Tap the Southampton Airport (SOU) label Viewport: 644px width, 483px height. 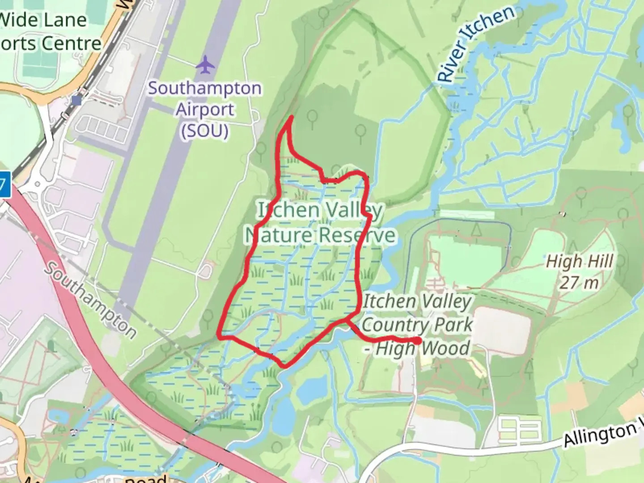coord(205,110)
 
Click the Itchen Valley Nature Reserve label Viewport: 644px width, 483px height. coord(320,222)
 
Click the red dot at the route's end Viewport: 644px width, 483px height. coord(418,341)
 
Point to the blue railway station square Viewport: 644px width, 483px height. coord(76,100)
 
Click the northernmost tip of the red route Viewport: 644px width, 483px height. coord(292,117)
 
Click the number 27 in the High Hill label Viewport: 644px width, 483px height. coord(569,283)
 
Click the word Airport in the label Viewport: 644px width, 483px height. coord(205,110)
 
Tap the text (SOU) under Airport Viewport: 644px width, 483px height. coord(205,131)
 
